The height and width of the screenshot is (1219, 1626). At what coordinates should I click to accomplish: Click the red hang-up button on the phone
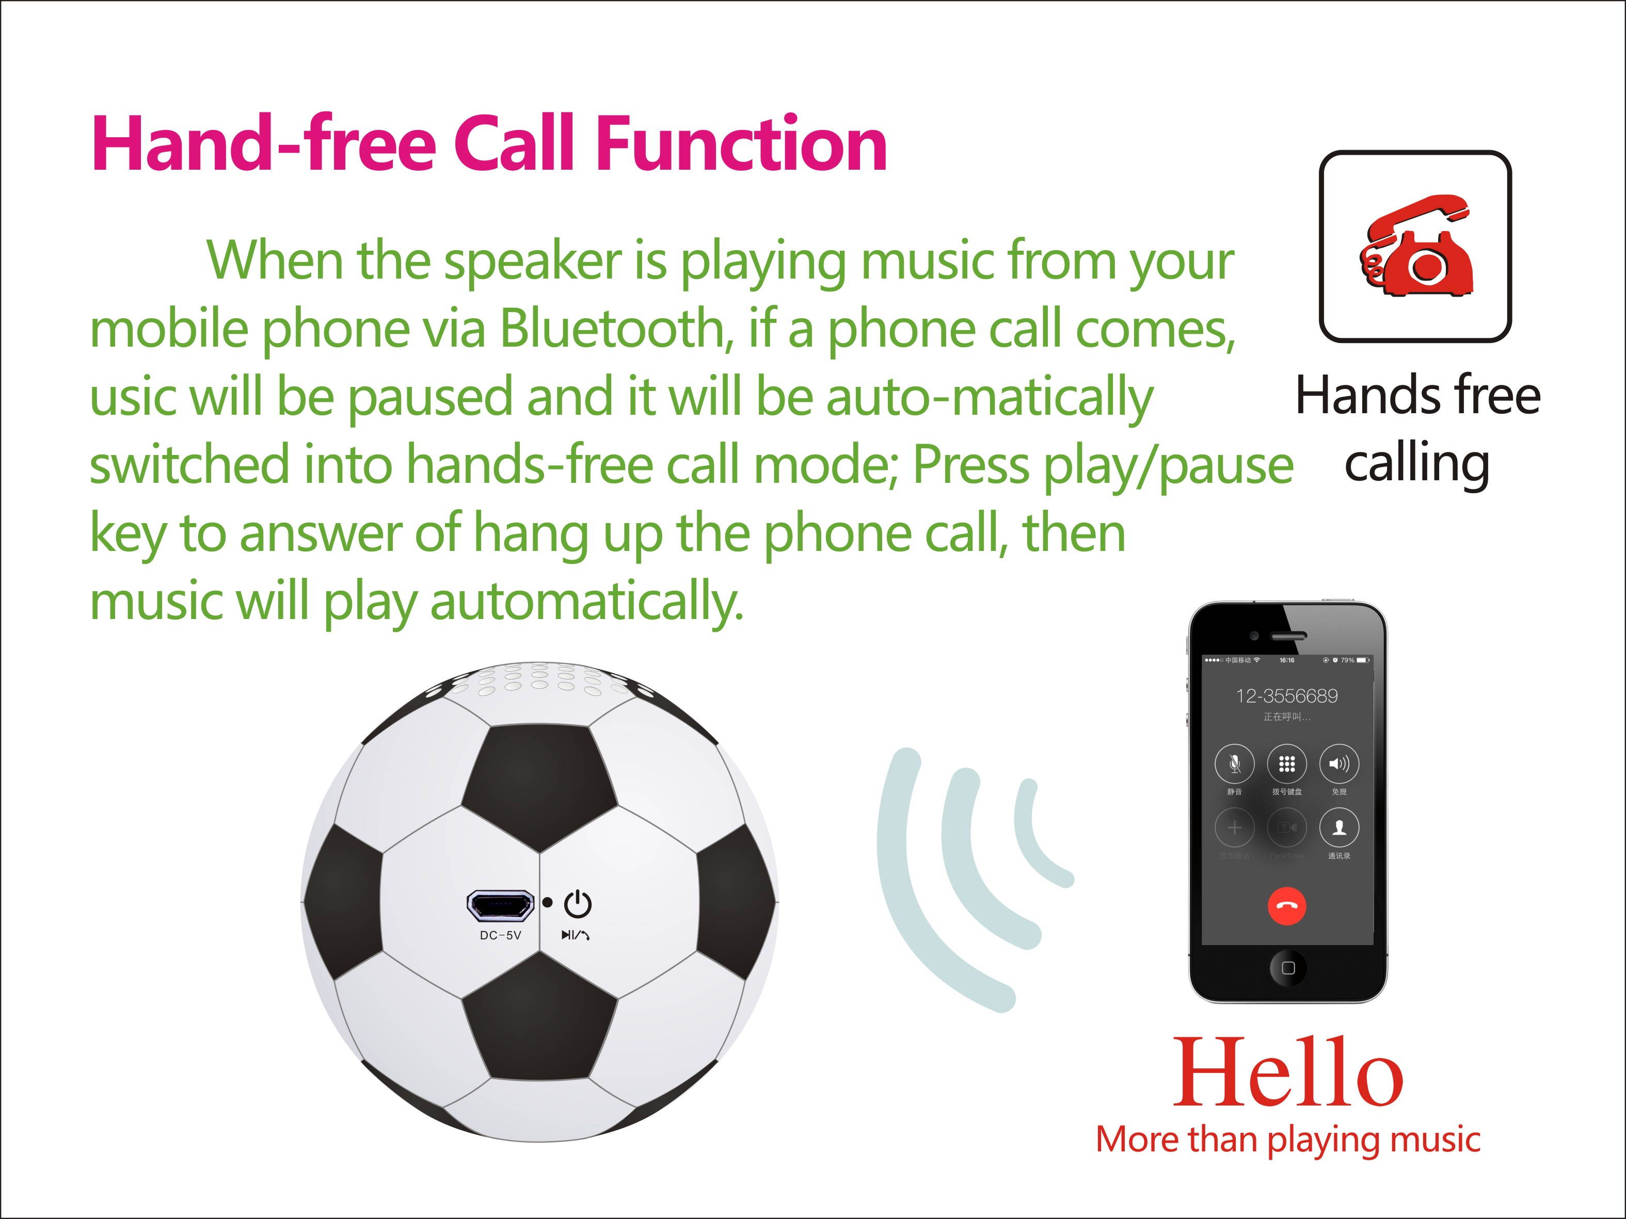[1286, 906]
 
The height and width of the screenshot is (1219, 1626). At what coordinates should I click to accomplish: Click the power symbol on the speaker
[578, 904]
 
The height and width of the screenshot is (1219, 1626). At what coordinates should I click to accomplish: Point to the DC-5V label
[501, 935]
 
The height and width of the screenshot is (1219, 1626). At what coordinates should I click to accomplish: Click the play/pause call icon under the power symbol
[576, 935]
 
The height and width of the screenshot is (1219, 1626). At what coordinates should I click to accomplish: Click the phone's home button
[1288, 968]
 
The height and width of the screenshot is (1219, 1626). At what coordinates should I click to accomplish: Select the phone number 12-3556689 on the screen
[1286, 696]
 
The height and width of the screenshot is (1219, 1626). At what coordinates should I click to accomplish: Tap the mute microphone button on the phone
[1234, 764]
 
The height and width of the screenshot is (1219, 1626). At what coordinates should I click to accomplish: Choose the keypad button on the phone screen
[1286, 764]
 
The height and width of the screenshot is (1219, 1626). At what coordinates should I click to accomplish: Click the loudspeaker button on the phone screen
[1338, 764]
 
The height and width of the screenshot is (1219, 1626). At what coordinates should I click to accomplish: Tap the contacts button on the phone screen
[1338, 828]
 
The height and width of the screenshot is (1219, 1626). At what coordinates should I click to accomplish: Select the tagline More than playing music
[1287, 1140]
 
